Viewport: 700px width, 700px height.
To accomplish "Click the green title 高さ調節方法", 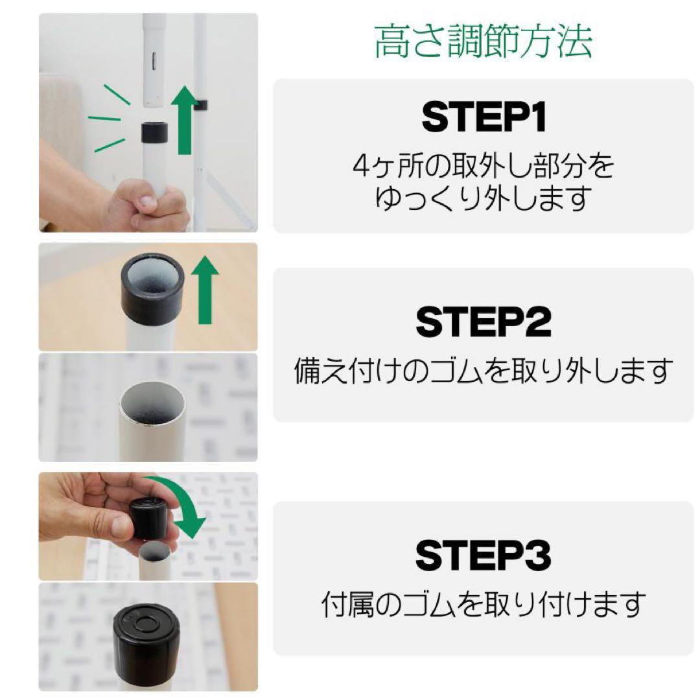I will point(483,42).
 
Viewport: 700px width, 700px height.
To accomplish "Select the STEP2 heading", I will point(483,322).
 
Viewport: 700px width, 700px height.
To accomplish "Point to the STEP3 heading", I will point(483,555).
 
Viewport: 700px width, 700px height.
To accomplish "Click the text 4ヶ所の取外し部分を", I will point(483,167).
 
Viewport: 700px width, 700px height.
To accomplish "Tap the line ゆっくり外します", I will point(483,198).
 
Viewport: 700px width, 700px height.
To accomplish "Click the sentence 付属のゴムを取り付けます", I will point(483,605).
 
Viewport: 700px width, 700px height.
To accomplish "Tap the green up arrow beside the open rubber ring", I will point(205,289).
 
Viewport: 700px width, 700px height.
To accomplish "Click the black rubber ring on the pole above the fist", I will point(154,134).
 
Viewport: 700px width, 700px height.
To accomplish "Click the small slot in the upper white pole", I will point(152,63).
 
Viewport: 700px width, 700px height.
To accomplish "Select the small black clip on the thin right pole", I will point(200,104).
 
